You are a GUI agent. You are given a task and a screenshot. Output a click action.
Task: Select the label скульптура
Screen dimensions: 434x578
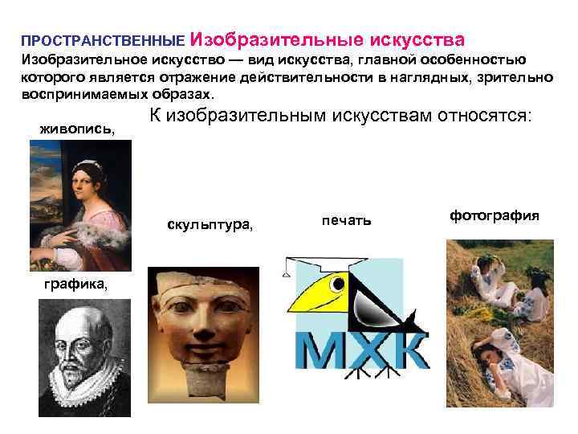click(210, 224)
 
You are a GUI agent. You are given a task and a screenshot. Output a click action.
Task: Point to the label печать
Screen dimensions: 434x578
click(346, 219)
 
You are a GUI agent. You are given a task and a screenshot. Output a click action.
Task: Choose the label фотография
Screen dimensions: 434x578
click(494, 215)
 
